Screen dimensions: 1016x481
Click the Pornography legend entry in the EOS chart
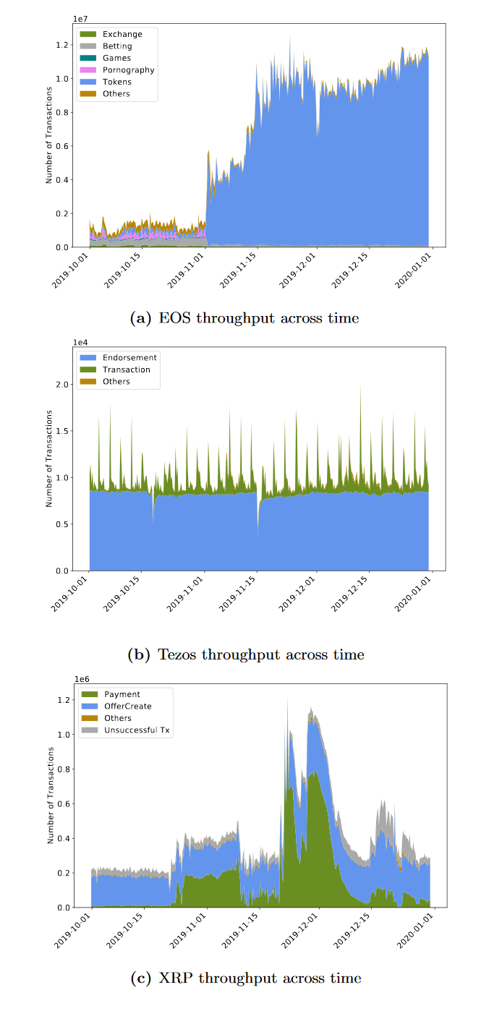[x=128, y=70]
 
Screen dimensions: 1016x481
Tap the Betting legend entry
[x=117, y=46]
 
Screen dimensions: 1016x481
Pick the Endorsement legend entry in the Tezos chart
[x=129, y=357]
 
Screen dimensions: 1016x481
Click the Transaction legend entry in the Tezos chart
[x=127, y=370]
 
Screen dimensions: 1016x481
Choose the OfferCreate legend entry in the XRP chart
[x=128, y=706]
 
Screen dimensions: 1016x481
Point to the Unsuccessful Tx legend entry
[x=138, y=730]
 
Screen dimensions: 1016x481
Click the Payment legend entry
[x=122, y=694]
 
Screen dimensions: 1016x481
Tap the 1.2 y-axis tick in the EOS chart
[x=64, y=45]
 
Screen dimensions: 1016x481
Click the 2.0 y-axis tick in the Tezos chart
[x=64, y=384]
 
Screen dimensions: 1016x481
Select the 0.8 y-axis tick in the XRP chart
[x=64, y=769]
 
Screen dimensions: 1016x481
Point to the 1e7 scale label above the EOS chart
[x=81, y=17]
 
